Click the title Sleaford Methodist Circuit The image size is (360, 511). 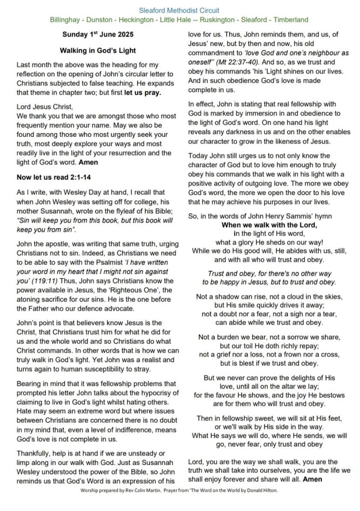pyautogui.click(x=179, y=10)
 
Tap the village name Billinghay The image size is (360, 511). pyautogui.click(x=66, y=20)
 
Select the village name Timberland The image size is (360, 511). pyautogui.click(x=291, y=20)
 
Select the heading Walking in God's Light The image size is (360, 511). pyautogui.click(x=98, y=51)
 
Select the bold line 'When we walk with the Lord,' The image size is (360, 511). pyautogui.click(x=269, y=225)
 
